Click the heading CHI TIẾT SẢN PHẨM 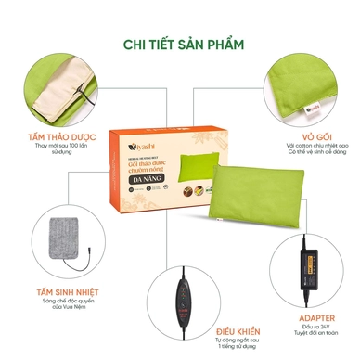pyautogui.click(x=179, y=43)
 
